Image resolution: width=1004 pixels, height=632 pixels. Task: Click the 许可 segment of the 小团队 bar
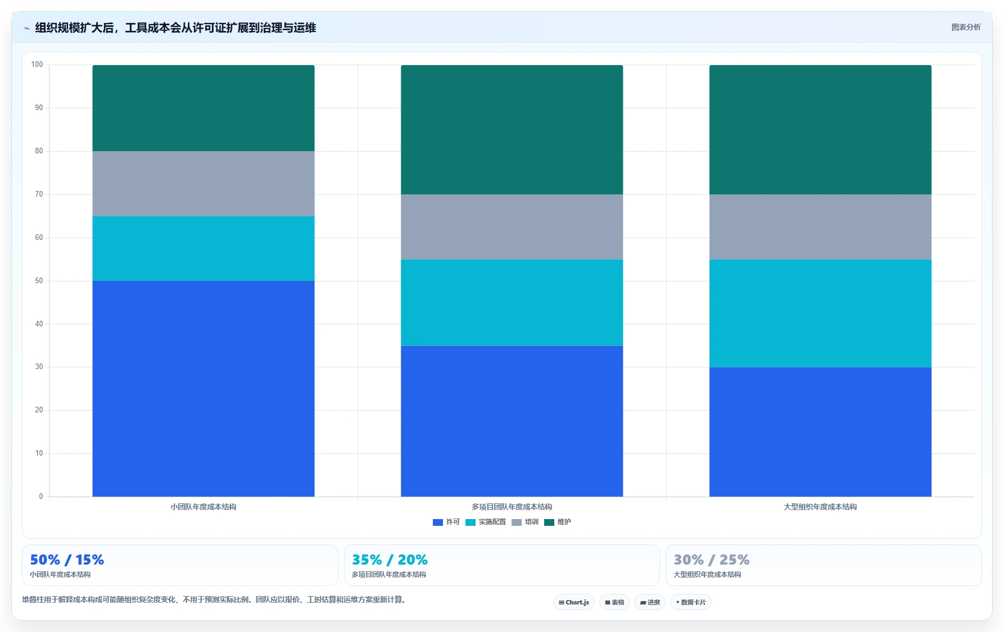click(203, 389)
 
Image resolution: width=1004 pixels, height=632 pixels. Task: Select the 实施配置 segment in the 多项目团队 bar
click(512, 302)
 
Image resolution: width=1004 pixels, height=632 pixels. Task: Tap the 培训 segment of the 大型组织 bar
click(820, 227)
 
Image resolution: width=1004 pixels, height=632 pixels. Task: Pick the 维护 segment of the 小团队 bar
click(203, 108)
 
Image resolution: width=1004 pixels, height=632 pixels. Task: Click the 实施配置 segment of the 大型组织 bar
click(820, 313)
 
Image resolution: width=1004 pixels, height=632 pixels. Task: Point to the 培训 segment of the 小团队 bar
click(203, 184)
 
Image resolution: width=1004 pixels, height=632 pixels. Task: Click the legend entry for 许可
click(446, 522)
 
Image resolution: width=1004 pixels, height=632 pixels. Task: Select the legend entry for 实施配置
click(486, 522)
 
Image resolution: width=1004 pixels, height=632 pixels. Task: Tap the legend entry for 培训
click(525, 522)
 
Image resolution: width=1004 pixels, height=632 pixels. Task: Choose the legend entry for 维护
click(558, 522)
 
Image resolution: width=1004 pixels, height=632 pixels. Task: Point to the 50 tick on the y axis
click(39, 281)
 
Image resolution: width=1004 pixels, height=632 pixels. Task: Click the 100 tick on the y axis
click(37, 65)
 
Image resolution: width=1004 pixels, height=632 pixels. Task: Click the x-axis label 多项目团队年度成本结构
click(512, 507)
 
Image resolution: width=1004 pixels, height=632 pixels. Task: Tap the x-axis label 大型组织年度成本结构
click(820, 507)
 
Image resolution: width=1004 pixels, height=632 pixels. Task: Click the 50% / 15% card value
click(67, 560)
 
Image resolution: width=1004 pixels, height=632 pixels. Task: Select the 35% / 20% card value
click(390, 560)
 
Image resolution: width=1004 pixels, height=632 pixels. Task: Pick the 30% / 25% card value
click(711, 560)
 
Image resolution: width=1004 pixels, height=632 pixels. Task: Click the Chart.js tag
click(574, 602)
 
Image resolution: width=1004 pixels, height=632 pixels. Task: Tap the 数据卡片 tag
click(691, 602)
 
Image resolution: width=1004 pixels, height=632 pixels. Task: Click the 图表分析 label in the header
click(966, 27)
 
